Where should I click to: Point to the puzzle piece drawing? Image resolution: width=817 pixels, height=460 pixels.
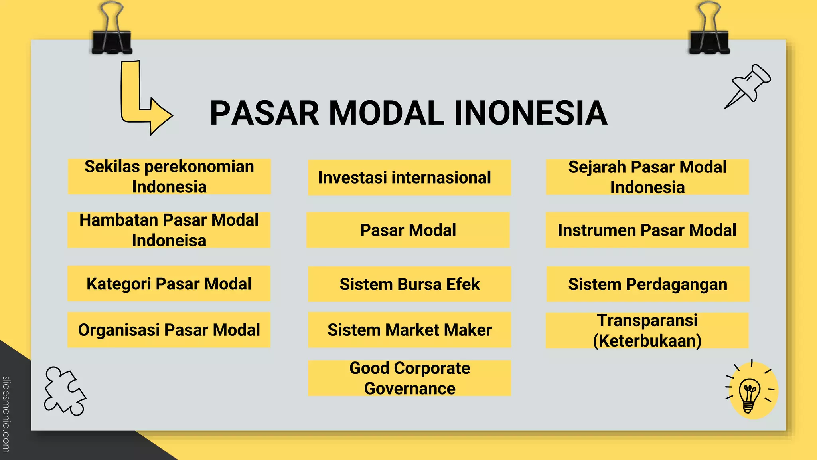(x=64, y=391)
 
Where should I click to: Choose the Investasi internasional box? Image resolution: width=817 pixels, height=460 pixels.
(x=409, y=178)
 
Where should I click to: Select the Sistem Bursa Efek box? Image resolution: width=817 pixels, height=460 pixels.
(x=409, y=284)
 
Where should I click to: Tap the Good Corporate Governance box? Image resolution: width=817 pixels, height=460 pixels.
(x=409, y=378)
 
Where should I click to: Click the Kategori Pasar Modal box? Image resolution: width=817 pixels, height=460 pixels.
(x=169, y=284)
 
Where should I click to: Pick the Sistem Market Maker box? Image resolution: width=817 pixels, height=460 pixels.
(x=409, y=330)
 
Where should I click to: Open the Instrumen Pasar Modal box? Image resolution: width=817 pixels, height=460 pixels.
(x=647, y=230)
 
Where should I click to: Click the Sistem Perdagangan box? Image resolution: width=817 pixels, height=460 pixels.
(x=648, y=284)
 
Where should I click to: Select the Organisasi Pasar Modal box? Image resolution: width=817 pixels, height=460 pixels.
(x=169, y=330)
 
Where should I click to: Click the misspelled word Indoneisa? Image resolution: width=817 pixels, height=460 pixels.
(x=169, y=241)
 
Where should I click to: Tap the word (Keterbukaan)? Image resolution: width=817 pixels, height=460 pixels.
(x=647, y=341)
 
